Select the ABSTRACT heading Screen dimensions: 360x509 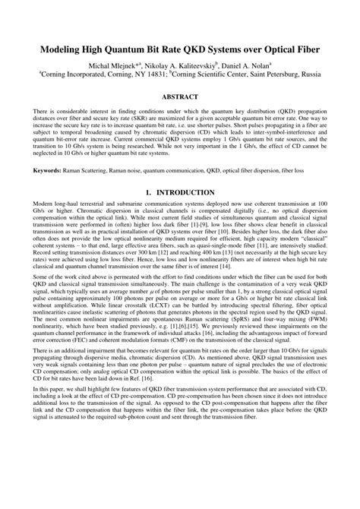coord(180,98)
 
